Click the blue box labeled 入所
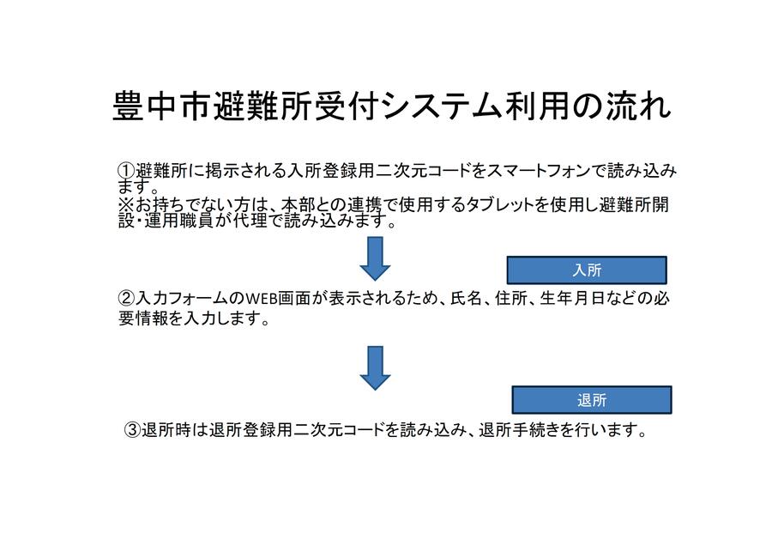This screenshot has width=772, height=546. coord(587,270)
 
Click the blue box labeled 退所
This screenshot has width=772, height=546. coord(592,400)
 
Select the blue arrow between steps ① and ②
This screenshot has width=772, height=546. coord(375,258)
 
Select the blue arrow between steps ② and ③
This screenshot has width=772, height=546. coord(375,368)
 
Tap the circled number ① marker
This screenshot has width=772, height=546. coord(126,171)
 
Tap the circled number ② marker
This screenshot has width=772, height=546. coord(126,298)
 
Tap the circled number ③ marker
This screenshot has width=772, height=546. coord(132,430)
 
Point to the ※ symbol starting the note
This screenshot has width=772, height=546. coord(126,204)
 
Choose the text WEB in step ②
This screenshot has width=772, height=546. coord(262,299)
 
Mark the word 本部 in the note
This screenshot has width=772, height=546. coord(298,204)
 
